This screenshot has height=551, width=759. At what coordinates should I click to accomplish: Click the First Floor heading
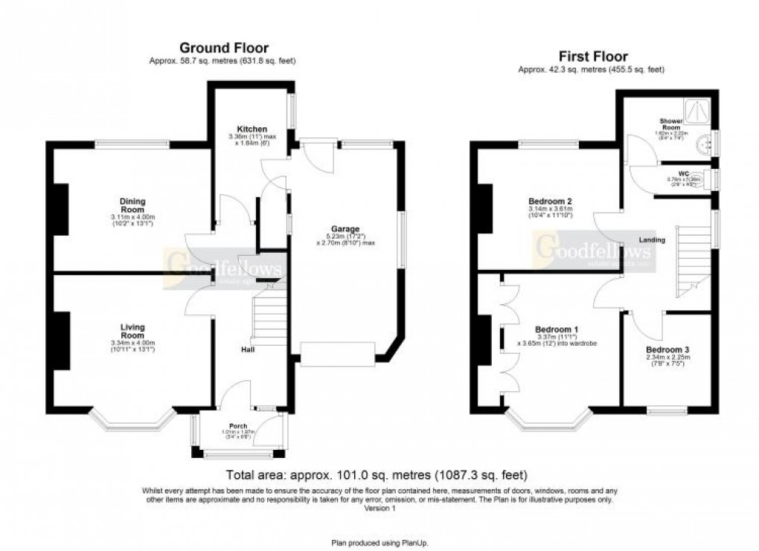coord(592,56)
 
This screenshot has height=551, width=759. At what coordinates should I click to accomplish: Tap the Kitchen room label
coord(247,129)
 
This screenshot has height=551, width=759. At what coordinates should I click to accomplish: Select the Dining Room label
coord(134,205)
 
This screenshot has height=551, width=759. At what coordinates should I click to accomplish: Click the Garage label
coord(345,228)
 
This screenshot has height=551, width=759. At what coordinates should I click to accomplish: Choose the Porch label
coord(239,426)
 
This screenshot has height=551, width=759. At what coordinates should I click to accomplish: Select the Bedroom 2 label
coord(550,202)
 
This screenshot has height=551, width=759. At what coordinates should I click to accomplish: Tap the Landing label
coord(651,240)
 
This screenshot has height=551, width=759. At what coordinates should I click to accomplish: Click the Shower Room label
coord(670,123)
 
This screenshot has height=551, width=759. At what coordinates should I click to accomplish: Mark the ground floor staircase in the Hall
coord(271,320)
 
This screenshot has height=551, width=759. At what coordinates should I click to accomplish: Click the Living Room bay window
coord(133,420)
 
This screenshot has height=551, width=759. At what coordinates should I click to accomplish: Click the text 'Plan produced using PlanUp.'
coord(380,544)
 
